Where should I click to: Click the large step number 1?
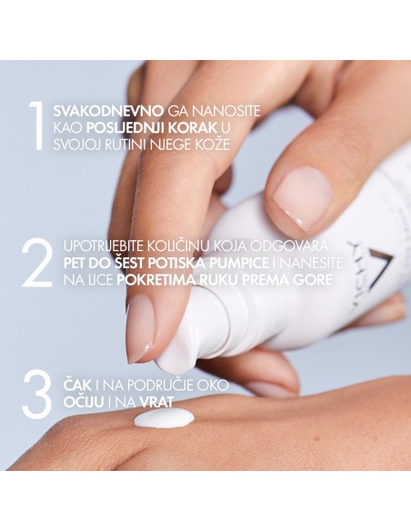(35, 127)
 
